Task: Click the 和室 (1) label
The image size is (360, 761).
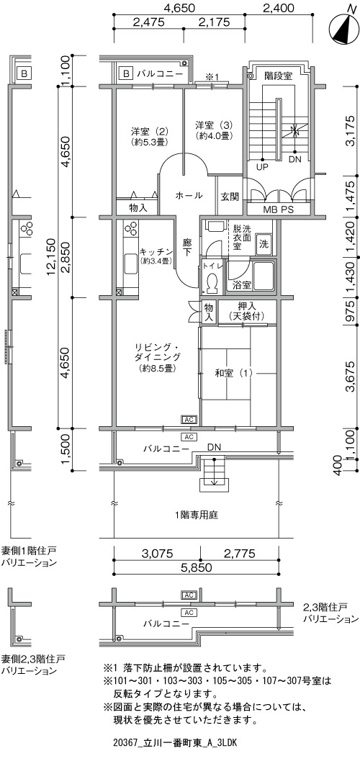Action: (x=234, y=373)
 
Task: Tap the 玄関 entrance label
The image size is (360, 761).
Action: (x=230, y=197)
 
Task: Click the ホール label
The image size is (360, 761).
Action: (x=188, y=196)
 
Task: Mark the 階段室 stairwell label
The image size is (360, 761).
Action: (x=278, y=76)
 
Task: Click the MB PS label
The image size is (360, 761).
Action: (x=279, y=210)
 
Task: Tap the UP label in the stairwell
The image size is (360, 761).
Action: (x=262, y=168)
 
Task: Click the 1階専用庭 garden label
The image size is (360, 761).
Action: (x=197, y=515)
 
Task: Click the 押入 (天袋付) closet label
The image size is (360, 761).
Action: (x=246, y=312)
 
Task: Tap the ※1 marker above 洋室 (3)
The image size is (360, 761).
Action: (x=212, y=76)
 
